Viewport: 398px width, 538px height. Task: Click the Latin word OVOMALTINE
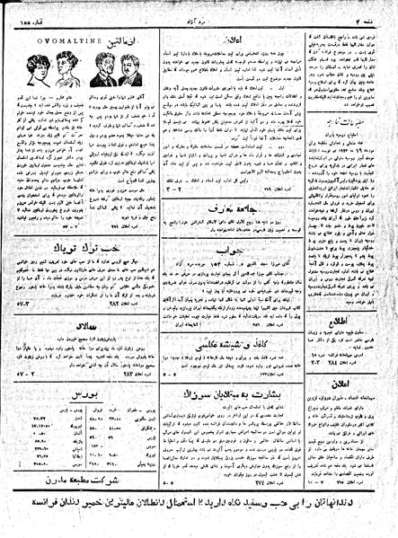pos(59,38)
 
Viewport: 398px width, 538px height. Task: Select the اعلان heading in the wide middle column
pos(250,39)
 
